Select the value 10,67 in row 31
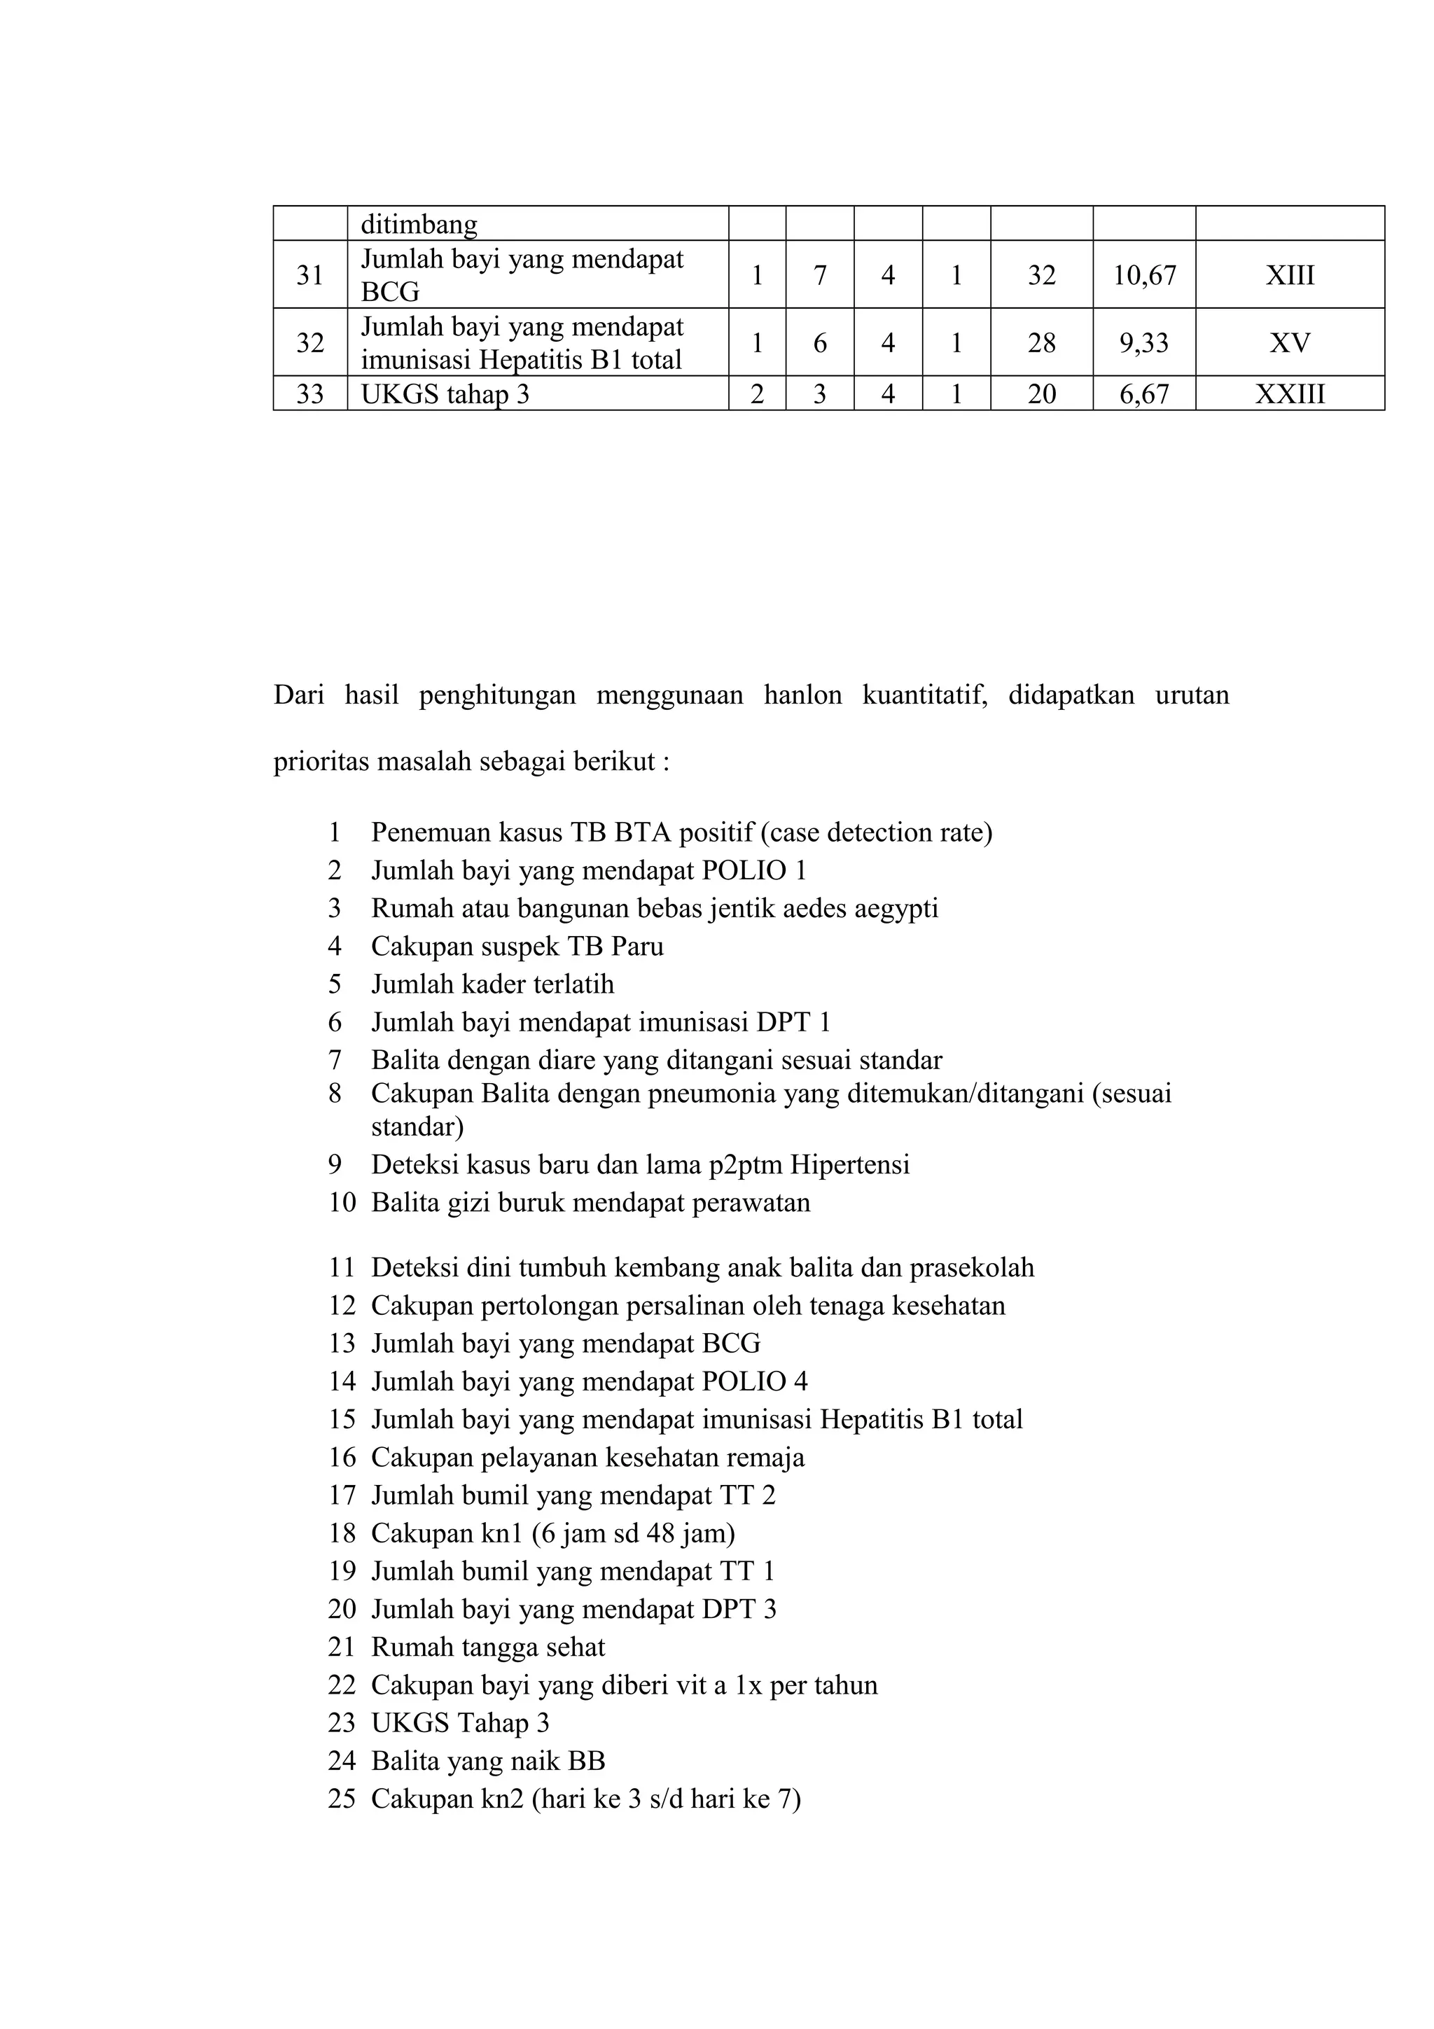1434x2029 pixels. point(1144,276)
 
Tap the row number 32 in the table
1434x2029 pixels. point(310,343)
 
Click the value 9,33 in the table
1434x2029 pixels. point(1144,343)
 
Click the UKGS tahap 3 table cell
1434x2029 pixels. point(445,394)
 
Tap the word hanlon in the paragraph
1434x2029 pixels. point(802,695)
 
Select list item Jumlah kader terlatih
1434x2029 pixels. point(492,984)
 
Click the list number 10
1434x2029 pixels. point(342,1203)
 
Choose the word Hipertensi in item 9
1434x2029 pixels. point(849,1165)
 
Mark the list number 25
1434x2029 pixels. point(342,1799)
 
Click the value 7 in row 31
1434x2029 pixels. point(819,276)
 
